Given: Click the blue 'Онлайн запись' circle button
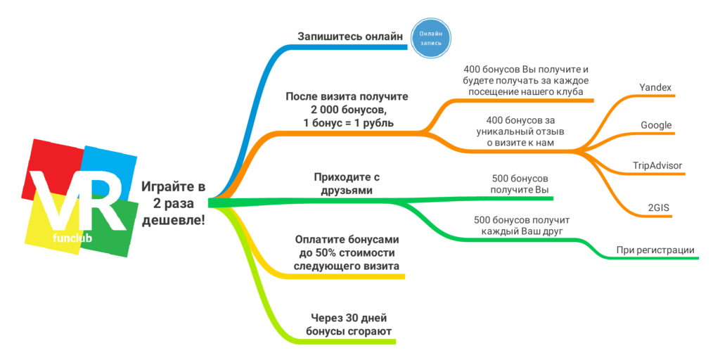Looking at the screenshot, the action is pyautogui.click(x=430, y=38).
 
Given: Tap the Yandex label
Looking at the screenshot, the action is pyautogui.click(x=655, y=87).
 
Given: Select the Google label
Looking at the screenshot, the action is pyautogui.click(x=656, y=125).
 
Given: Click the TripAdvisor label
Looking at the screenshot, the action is pyautogui.click(x=657, y=166).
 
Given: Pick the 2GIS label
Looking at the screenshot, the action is pyautogui.click(x=658, y=207).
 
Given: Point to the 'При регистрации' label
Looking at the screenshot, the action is pyautogui.click(x=655, y=250).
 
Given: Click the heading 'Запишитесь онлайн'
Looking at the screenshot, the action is pyautogui.click(x=350, y=37).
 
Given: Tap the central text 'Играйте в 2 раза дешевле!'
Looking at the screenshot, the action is pyautogui.click(x=174, y=203).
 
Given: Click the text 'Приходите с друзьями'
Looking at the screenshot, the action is pyautogui.click(x=343, y=184).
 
